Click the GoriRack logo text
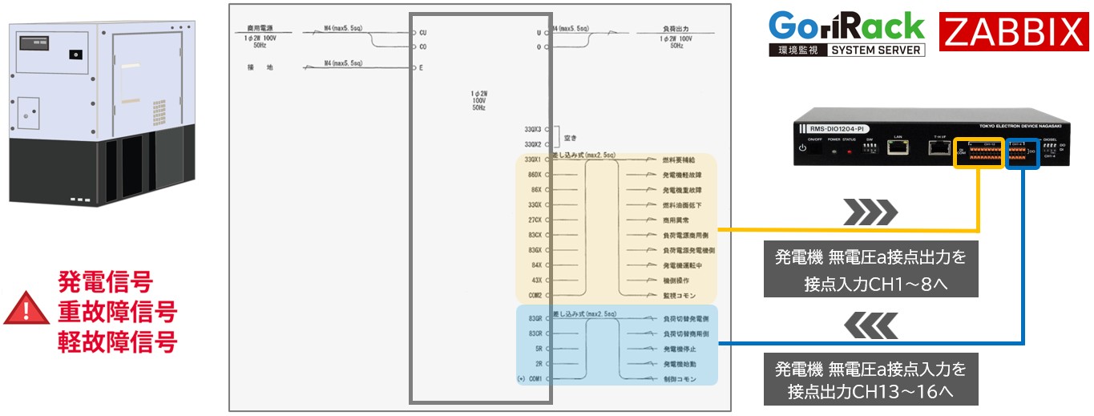coord(846,26)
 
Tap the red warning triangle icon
coord(26,309)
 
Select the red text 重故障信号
coord(116,312)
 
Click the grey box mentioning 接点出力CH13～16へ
coord(870,380)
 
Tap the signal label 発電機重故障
coord(683,190)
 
